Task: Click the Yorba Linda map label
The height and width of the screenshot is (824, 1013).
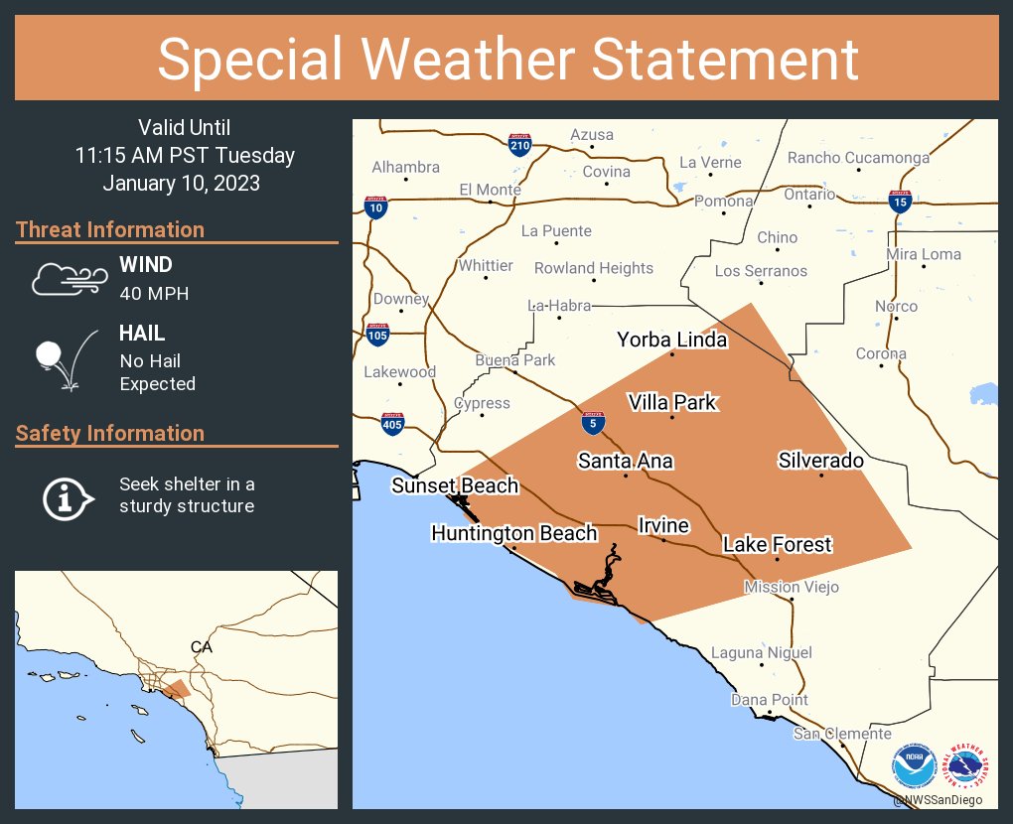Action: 671,340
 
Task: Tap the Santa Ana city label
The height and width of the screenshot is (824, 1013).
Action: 626,461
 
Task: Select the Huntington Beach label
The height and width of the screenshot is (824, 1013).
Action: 513,533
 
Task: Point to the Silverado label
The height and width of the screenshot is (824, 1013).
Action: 820,461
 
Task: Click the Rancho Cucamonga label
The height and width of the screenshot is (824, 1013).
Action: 858,158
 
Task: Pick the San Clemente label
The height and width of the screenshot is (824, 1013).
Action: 842,734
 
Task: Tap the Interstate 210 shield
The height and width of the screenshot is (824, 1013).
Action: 518,146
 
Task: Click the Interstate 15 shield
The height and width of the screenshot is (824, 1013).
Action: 900,203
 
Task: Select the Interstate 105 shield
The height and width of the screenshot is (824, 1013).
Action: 377,335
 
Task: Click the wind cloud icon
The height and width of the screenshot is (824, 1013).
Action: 67,279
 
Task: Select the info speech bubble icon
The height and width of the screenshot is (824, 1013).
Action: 67,496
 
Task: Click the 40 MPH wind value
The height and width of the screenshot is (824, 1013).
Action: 154,293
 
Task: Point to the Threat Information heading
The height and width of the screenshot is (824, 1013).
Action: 110,229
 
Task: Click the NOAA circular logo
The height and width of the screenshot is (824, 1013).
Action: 913,767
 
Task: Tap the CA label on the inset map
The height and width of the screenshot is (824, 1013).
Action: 202,646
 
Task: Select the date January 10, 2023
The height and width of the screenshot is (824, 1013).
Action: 182,184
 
